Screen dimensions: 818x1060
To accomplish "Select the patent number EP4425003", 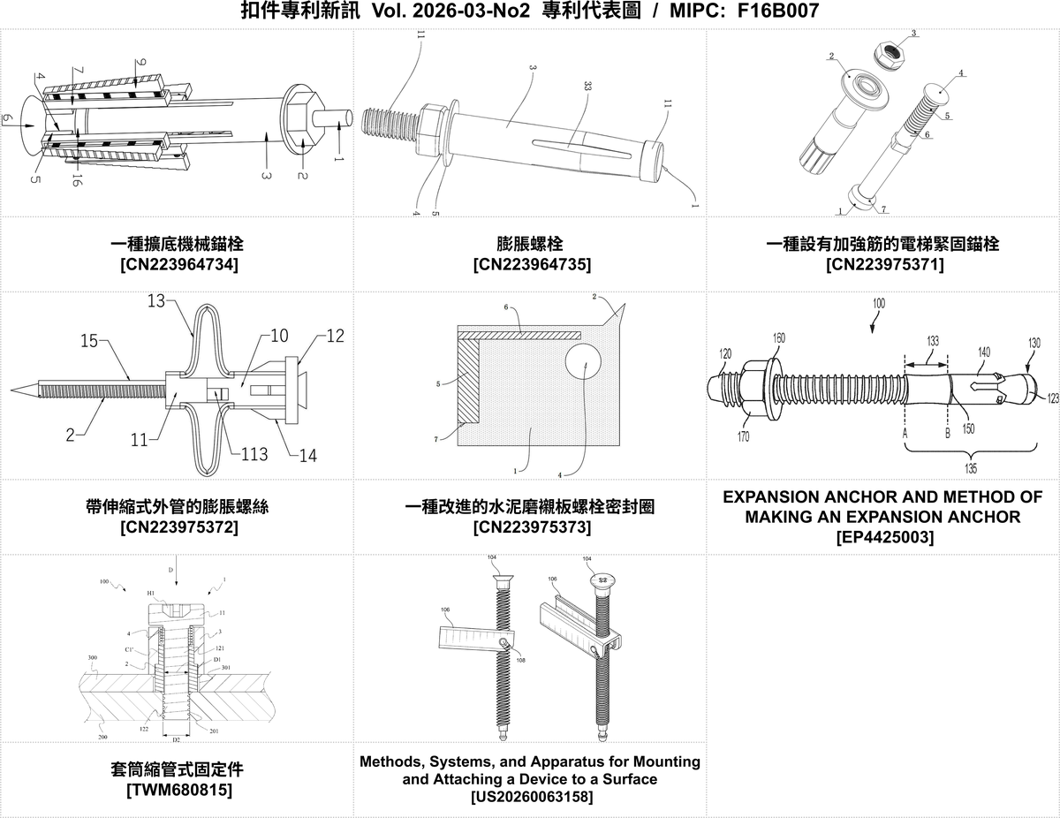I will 882,536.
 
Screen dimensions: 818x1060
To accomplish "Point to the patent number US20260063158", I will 529,798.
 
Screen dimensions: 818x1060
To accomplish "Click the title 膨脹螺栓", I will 529,243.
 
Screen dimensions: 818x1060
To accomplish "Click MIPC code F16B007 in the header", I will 776,11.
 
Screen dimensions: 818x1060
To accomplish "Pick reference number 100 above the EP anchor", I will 877,303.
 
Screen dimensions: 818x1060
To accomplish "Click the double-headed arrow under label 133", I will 925,360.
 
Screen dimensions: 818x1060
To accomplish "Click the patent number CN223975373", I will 529,527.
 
